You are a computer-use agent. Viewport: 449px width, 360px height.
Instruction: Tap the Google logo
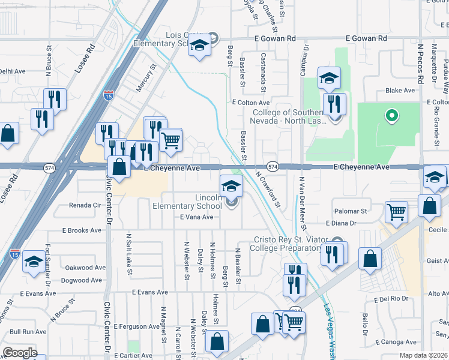coord(20,353)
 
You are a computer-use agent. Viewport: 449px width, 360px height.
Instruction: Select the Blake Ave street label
coord(400,91)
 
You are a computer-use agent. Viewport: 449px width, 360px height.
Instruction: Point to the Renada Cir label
coord(85,205)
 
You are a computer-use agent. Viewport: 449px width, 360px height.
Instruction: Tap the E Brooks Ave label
coord(82,230)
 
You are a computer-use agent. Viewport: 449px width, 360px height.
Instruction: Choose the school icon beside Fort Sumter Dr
coord(34,262)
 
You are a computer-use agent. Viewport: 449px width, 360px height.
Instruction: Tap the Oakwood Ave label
coord(85,268)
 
